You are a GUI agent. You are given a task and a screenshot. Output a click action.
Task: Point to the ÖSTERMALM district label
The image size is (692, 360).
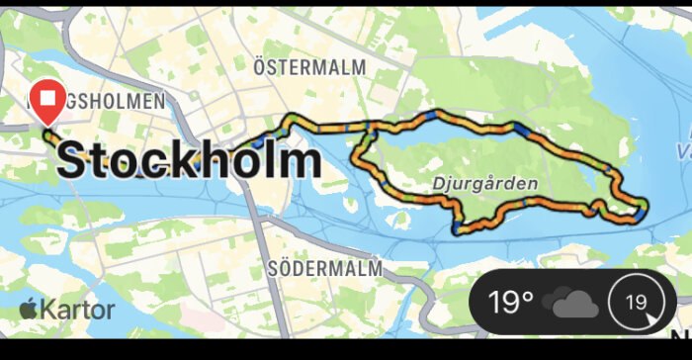[x=308, y=67]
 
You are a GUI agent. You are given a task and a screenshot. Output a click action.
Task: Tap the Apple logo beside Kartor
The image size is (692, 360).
[x=28, y=308]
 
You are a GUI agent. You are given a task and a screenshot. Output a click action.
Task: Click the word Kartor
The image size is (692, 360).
[x=78, y=309]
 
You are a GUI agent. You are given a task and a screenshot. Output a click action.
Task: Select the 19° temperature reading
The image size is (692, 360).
[x=512, y=301]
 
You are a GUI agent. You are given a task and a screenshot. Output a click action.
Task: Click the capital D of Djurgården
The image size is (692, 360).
[x=439, y=184]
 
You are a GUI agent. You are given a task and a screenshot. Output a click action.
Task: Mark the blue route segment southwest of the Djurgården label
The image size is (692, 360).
[x=456, y=228]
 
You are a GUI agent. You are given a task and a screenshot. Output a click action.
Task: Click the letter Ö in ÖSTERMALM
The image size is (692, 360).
[x=260, y=66]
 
